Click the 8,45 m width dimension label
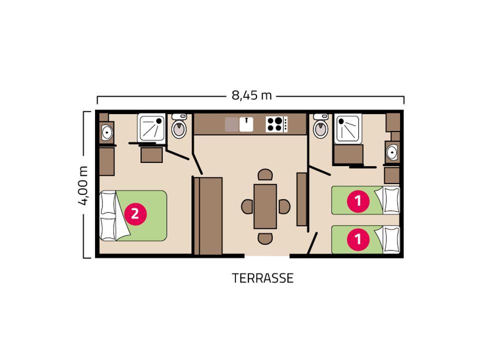point(251,95)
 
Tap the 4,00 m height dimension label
point(83,185)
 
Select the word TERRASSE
point(262,278)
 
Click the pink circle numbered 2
point(135,213)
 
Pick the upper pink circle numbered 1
point(358,201)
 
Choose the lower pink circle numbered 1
point(358,239)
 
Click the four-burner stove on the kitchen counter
point(276,124)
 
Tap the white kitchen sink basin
point(246,124)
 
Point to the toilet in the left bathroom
point(179,126)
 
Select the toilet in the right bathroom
point(321,126)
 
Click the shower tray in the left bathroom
point(151,127)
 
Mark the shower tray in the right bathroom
point(348,128)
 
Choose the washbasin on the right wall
point(392,152)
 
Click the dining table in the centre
point(265,206)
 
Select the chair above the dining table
point(265,175)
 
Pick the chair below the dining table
point(265,238)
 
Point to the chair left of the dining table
point(247,206)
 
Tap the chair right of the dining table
point(284,206)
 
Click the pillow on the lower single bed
point(391,239)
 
